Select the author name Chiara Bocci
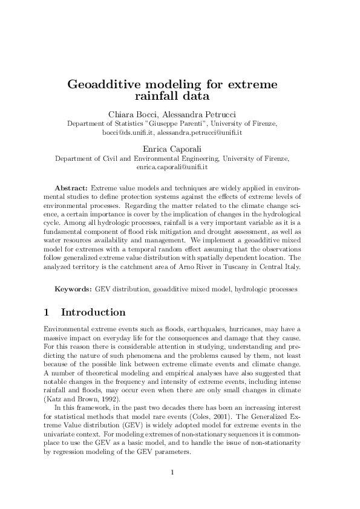(x=133, y=114)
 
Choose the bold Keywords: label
(x=73, y=289)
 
